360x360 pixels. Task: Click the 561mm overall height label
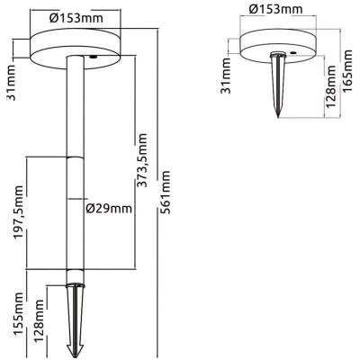click(x=166, y=193)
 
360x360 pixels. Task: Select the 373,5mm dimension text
click(x=142, y=160)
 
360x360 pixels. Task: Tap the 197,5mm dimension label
click(x=18, y=212)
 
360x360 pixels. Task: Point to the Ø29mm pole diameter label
click(x=109, y=208)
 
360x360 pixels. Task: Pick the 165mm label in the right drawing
click(x=347, y=72)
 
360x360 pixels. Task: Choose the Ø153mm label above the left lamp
click(x=76, y=19)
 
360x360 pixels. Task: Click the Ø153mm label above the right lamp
click(x=275, y=9)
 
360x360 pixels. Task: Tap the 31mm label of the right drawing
click(x=226, y=76)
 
